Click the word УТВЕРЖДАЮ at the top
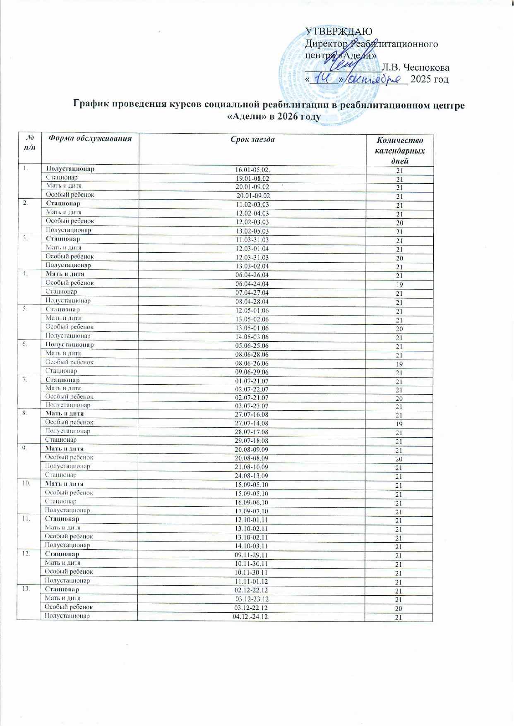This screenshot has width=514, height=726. (339, 31)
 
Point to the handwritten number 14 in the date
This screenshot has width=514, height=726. (325, 78)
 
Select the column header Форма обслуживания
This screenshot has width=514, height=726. (90, 139)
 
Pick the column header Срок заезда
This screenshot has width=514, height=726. (252, 139)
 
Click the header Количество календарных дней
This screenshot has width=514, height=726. (399, 151)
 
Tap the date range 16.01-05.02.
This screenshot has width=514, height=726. (252, 170)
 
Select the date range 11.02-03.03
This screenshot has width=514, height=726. (252, 205)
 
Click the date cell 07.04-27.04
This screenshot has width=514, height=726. (252, 293)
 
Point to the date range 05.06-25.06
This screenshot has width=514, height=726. (252, 346)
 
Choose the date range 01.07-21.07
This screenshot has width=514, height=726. (252, 381)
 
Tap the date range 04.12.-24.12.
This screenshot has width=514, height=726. (251, 617)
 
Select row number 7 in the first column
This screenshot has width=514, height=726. (26, 380)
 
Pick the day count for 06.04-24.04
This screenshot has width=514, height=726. (399, 285)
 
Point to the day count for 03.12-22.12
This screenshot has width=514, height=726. (399, 609)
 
